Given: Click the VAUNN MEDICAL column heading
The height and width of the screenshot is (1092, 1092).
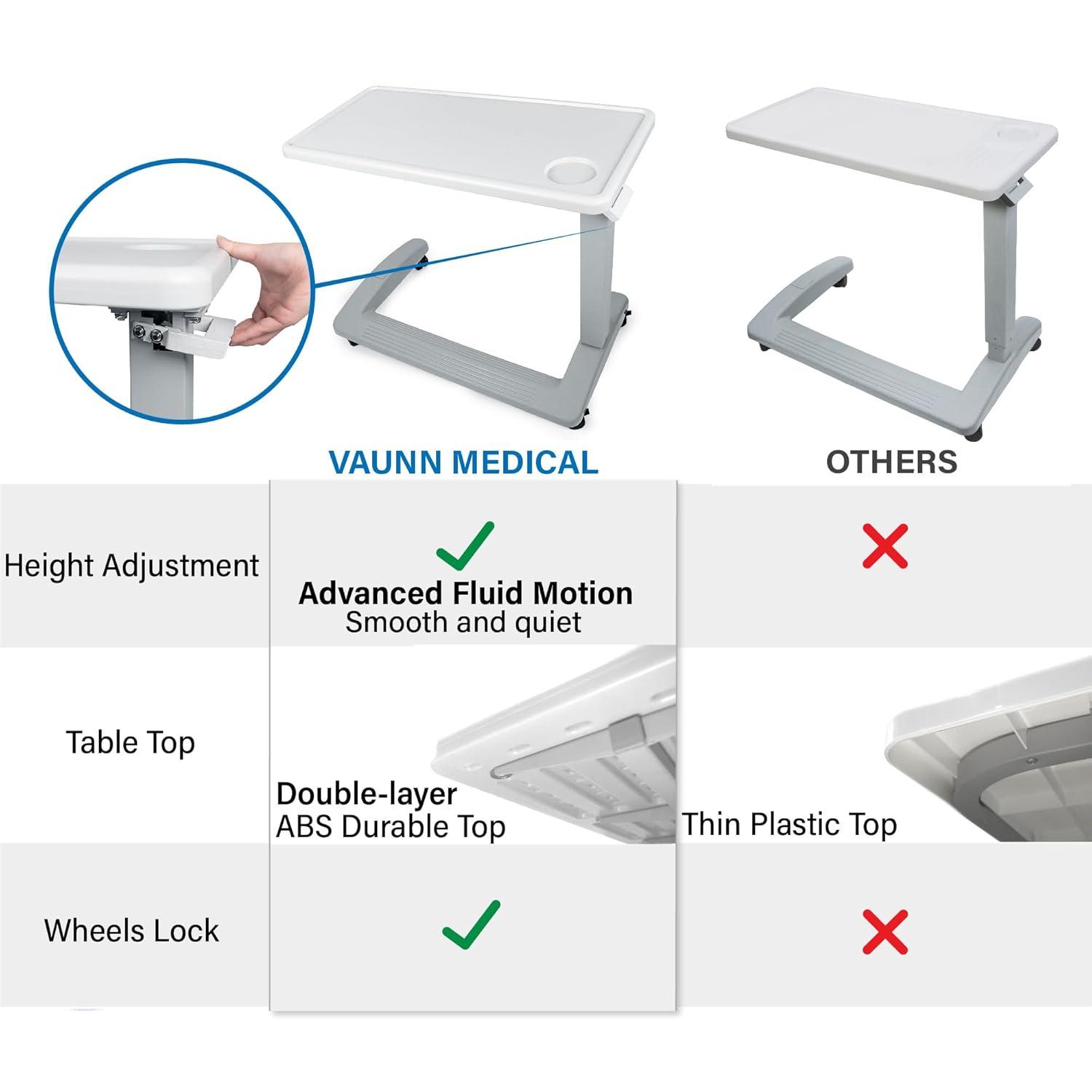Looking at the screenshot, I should click(463, 462).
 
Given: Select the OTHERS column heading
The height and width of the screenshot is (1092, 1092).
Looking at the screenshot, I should click(891, 462).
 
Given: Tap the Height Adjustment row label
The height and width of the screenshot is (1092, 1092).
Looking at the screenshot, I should click(131, 566).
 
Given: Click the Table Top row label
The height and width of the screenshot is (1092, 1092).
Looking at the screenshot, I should click(131, 743).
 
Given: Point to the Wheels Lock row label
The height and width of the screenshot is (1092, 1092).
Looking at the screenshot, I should click(131, 930).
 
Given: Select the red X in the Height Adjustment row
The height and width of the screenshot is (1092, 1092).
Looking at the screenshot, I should click(885, 545).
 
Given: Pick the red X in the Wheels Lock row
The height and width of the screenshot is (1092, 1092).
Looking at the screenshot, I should click(885, 931).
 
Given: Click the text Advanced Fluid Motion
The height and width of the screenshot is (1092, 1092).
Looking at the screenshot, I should click(465, 593).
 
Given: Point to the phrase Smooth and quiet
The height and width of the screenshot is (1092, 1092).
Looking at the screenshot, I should click(463, 622).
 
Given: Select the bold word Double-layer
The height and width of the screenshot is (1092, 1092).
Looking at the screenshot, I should click(367, 794).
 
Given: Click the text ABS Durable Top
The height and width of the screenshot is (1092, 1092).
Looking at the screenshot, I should click(391, 826).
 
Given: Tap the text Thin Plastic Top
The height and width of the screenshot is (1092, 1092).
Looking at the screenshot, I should click(790, 824).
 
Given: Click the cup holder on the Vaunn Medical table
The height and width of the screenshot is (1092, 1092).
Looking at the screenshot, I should click(570, 173).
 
